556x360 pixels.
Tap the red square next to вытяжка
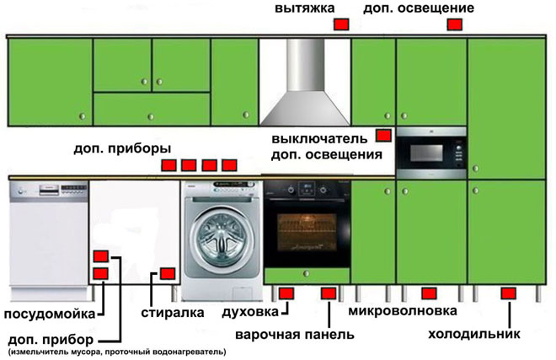pos(341,26)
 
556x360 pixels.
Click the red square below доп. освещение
pos(454,26)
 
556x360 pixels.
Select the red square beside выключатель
pos(383,135)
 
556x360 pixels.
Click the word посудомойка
pos(47,314)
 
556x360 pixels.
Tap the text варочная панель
pos(294,334)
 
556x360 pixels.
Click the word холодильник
pos(474,334)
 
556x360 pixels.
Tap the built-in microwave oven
pos(430,153)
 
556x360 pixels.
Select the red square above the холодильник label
pos(508,293)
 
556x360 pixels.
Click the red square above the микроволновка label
pos(429,293)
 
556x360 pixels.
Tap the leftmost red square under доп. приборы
pos(168,165)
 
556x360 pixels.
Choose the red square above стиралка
pos(167,273)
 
